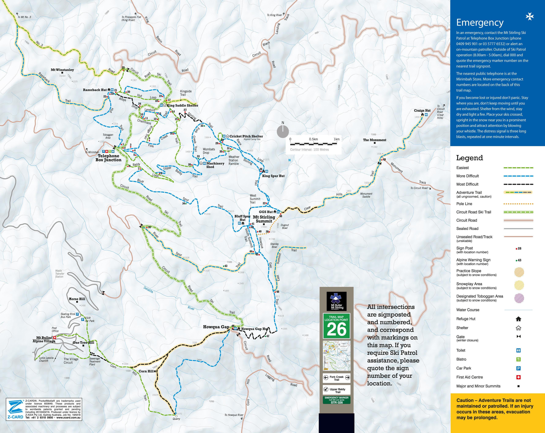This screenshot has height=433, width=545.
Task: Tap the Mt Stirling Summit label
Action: click(x=264, y=219)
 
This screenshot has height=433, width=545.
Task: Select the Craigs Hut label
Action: click(x=422, y=110)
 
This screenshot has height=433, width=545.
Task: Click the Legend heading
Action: click(x=469, y=158)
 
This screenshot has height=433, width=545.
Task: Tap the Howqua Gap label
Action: click(x=216, y=327)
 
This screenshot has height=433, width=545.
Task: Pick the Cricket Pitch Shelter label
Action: click(x=246, y=136)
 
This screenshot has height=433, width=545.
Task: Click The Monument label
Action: click(x=375, y=140)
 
